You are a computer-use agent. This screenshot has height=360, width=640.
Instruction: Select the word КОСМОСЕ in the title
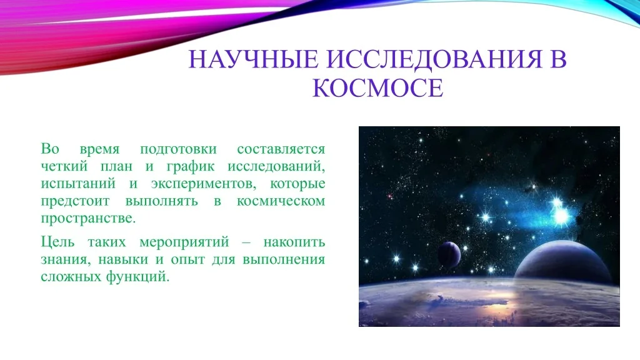click(377, 87)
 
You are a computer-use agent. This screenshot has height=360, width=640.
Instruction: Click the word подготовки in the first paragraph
click(178, 149)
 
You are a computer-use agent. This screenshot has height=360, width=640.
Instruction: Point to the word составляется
click(281, 149)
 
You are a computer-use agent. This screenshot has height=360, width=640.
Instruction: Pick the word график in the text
click(191, 167)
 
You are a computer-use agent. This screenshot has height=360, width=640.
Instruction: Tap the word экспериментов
click(204, 184)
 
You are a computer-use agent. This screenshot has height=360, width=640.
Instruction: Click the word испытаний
click(78, 184)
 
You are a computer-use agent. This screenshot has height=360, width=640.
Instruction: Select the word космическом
click(281, 201)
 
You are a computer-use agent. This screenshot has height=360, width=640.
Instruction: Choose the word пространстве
click(88, 219)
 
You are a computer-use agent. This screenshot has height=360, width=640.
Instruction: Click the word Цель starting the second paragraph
click(57, 242)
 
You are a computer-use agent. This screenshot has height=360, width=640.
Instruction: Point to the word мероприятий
click(184, 242)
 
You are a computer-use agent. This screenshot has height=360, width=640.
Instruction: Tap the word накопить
click(294, 242)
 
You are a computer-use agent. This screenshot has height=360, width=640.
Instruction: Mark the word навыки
click(123, 260)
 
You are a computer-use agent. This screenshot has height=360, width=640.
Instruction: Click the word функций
click(137, 277)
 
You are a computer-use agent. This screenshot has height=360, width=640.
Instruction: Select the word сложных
click(71, 277)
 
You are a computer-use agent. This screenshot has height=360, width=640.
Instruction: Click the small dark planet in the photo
click(449, 255)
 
